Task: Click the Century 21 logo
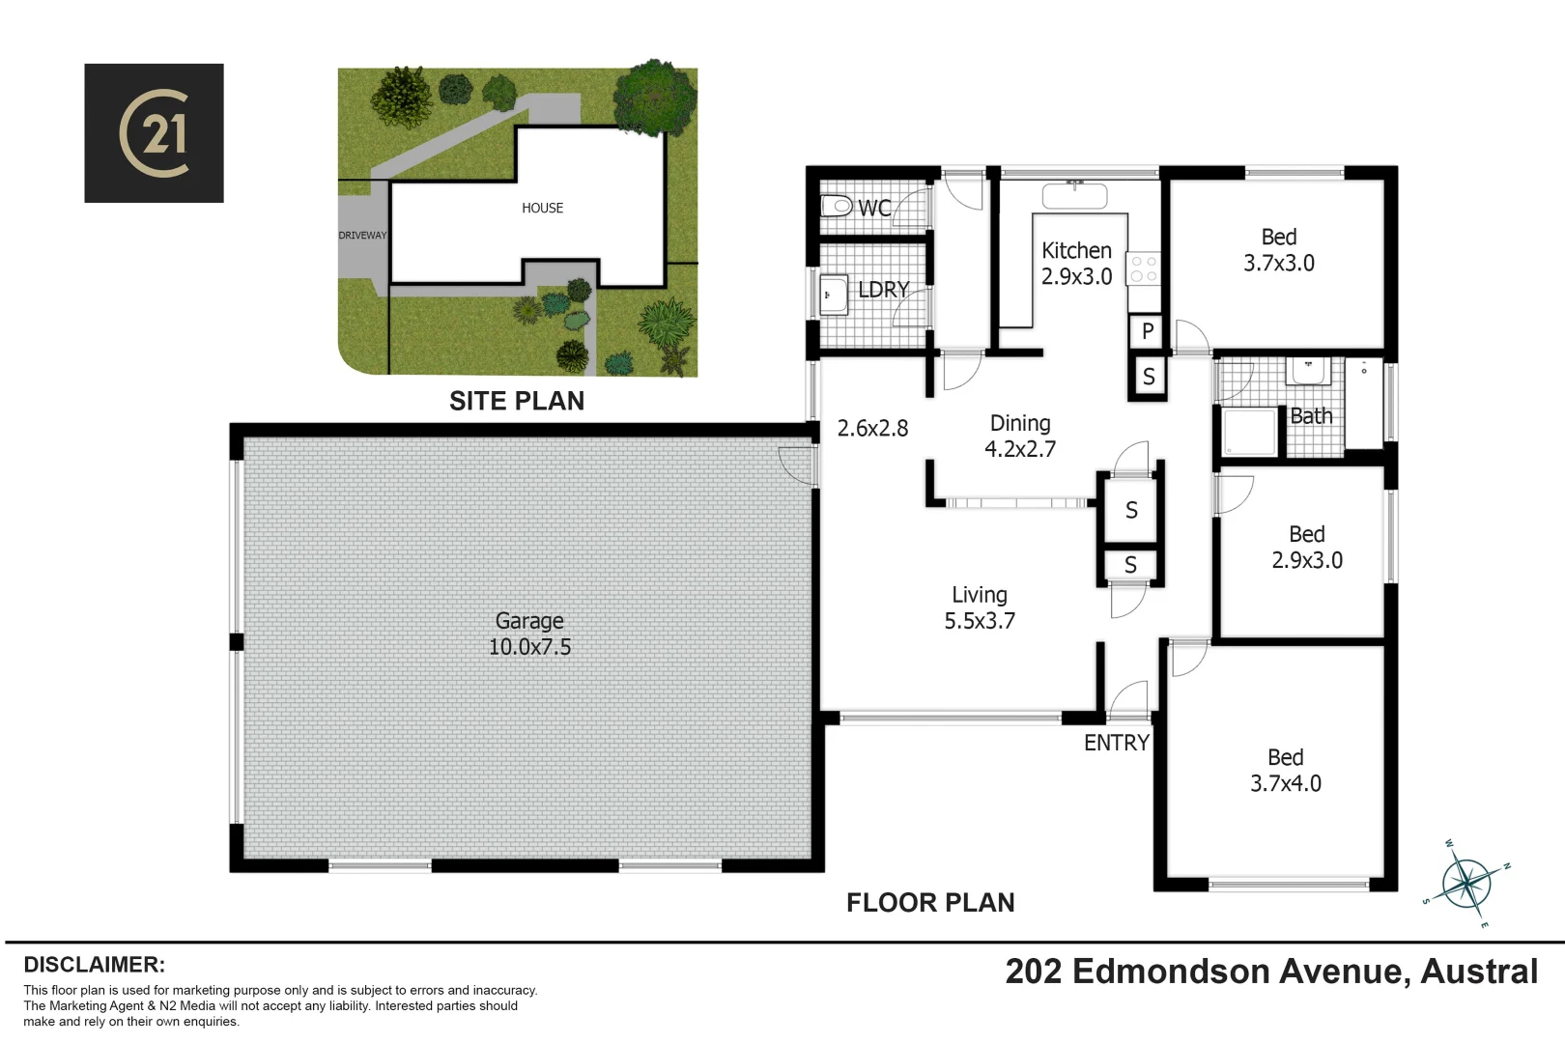coord(154,133)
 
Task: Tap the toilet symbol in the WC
coord(835,206)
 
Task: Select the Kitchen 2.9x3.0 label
coord(1076,264)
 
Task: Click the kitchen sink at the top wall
coord(1074,196)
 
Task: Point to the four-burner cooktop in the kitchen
coord(1144,269)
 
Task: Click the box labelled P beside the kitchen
coord(1148,331)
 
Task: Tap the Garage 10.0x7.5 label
coord(529,634)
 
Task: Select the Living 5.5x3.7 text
coord(980,608)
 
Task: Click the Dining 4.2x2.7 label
coord(1020,437)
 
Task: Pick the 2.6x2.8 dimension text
coord(872,429)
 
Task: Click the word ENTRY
coord(1116,743)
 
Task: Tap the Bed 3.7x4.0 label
coord(1285,771)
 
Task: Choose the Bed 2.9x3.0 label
coord(1306,548)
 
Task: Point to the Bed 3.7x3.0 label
coord(1278,250)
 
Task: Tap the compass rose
coord(1466,883)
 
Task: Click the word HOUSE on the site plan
coord(542,208)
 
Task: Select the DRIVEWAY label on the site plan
coord(362,236)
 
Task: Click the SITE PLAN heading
coord(517,401)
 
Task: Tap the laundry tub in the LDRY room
coord(833,296)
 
